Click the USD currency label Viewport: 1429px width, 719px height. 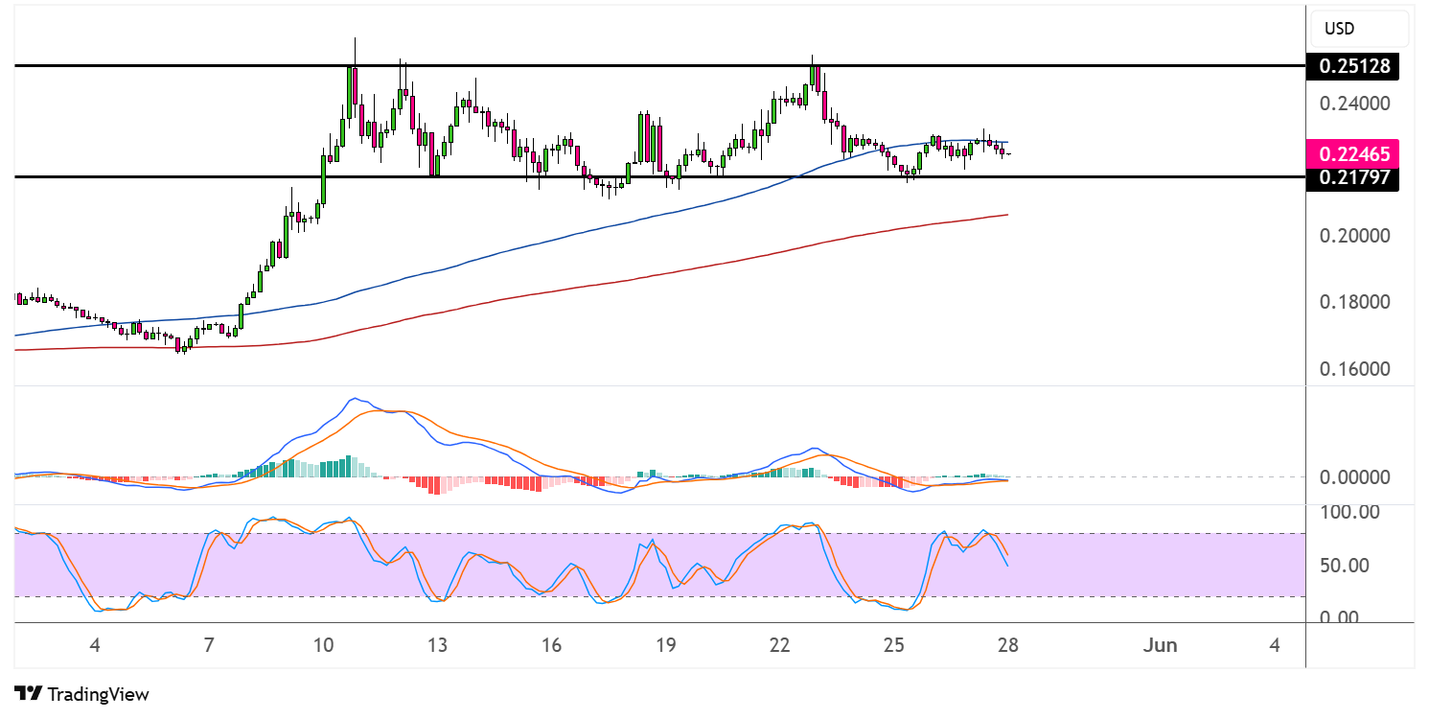[x=1339, y=29]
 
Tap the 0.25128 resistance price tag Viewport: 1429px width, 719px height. [x=1352, y=66]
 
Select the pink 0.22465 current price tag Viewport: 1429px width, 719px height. [x=1352, y=152]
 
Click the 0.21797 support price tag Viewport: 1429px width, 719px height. [x=1352, y=177]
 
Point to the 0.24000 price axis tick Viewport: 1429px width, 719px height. [x=1352, y=104]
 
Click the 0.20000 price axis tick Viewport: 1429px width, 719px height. [x=1352, y=236]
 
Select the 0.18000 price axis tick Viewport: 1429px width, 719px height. [x=1352, y=303]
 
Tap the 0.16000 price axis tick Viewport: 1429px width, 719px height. [x=1352, y=369]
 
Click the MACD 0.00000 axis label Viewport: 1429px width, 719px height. [x=1352, y=477]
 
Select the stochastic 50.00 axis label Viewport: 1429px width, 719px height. [x=1352, y=566]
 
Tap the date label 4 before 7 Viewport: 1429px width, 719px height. [x=94, y=645]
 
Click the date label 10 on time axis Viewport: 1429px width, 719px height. [x=323, y=645]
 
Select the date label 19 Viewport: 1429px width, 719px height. [x=665, y=645]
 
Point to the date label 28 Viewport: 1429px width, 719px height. [x=1007, y=645]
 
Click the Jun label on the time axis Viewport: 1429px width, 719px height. [x=1160, y=645]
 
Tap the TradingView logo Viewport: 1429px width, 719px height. [x=82, y=693]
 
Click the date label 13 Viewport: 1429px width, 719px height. [x=437, y=645]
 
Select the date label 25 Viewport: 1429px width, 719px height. [x=893, y=645]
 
